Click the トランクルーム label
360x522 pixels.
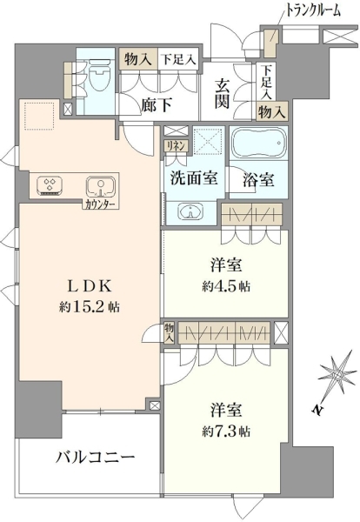313,11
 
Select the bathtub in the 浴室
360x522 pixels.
258,144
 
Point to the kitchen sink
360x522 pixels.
101,187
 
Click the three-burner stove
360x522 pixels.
50,185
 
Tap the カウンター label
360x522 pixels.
100,204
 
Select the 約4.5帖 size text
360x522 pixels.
226,286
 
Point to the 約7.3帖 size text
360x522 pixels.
226,432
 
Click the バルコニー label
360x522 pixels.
95,458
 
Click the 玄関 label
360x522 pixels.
222,94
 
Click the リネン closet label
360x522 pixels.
176,146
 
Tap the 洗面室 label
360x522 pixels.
194,178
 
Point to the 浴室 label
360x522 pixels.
258,180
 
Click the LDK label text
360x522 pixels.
90,286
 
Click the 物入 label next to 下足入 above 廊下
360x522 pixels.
138,60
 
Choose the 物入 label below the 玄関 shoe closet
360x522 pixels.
272,112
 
